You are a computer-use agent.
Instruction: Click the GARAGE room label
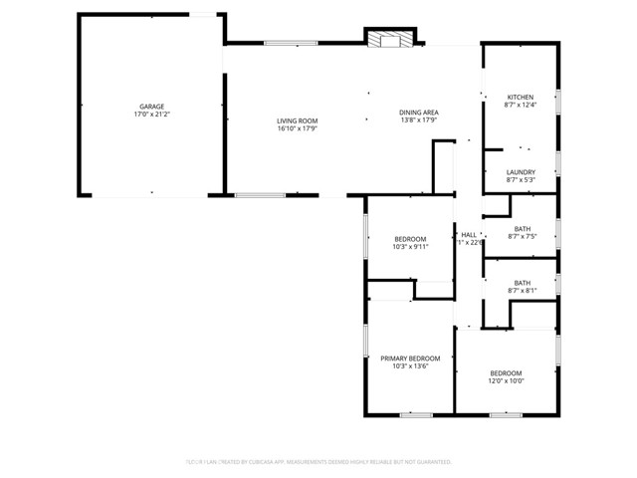(x=151, y=107)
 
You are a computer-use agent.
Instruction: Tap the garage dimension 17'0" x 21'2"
(x=151, y=116)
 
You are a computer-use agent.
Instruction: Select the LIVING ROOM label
(x=297, y=120)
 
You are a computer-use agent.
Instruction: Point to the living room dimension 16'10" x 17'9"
(x=297, y=129)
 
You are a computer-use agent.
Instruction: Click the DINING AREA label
(x=419, y=112)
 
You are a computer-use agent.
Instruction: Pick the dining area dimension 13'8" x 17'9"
(x=419, y=120)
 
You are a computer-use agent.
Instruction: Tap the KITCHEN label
(x=521, y=96)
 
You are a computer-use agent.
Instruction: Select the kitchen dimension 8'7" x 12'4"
(x=521, y=105)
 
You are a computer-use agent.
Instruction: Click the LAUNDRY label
(x=521, y=171)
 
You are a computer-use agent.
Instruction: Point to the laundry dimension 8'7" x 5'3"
(x=521, y=180)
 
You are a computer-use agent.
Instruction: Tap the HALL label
(x=468, y=234)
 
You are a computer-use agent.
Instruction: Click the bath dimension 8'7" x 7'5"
(x=523, y=237)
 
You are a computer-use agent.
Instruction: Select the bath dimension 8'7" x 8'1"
(x=523, y=292)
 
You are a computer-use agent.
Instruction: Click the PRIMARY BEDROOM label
(x=410, y=358)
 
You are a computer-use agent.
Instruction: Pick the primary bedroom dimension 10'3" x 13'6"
(x=410, y=366)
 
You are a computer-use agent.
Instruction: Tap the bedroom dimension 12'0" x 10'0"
(x=505, y=380)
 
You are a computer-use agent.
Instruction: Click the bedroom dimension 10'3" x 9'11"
(x=410, y=248)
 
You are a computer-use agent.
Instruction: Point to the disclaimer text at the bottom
(x=318, y=462)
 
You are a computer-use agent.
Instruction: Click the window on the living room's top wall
(x=291, y=43)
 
